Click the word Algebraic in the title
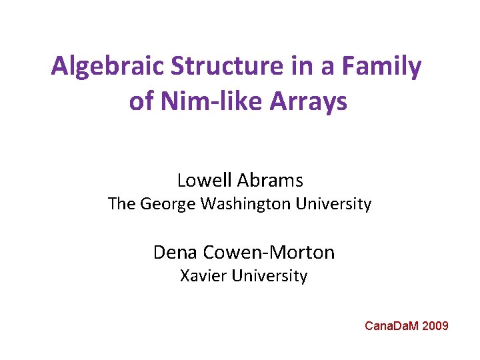coord(109,67)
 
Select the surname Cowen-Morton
coord(267,252)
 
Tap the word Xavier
coord(203,275)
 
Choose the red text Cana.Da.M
coord(393,326)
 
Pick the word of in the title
coord(140,102)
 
